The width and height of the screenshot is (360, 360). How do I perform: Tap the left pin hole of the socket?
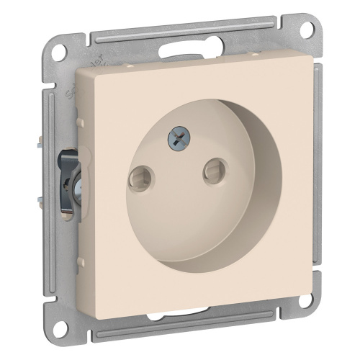(x=137, y=173)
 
